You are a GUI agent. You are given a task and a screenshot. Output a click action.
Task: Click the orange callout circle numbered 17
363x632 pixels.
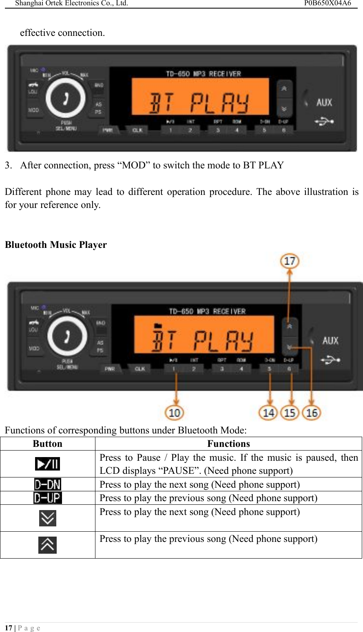290,261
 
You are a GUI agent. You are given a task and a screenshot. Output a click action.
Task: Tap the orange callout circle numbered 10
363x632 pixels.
175,412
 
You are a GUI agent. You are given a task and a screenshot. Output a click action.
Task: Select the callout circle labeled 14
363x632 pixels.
268,412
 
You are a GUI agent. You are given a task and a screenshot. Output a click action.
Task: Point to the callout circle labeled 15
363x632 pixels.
290,412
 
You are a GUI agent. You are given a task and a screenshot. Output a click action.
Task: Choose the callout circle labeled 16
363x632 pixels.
312,412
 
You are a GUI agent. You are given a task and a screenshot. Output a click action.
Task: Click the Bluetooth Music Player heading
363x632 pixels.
56,245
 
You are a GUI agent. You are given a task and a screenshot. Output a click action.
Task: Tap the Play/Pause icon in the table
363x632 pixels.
48,464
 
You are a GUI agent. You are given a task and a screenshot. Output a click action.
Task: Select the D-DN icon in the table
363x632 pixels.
48,484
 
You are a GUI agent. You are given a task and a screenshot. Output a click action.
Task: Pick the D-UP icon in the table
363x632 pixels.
48,498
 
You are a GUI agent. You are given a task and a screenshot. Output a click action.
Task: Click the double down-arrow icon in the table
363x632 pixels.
48,518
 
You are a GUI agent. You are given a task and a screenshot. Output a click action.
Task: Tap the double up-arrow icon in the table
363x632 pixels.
48,545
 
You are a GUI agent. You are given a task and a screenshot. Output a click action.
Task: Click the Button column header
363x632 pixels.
48,444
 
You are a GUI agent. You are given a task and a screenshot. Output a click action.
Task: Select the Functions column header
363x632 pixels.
228,444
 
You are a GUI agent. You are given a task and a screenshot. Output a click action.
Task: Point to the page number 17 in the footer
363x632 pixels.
9,628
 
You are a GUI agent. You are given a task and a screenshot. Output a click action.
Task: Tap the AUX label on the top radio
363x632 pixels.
324,102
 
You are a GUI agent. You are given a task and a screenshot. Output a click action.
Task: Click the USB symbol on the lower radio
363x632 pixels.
331,360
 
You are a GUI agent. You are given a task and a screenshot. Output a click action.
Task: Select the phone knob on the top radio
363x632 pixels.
65,98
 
